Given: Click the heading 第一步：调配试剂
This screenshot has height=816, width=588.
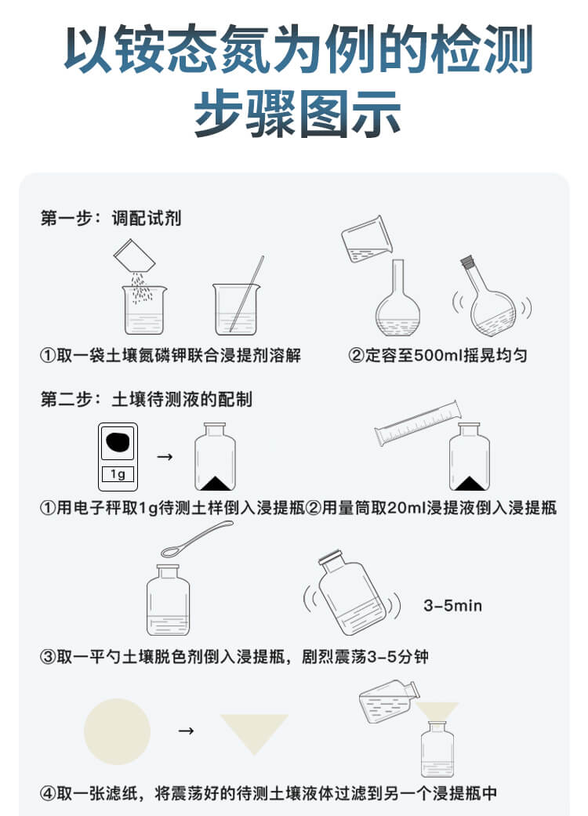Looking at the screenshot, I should point(111,218).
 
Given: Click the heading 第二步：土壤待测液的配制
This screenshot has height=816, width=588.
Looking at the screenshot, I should point(147,399).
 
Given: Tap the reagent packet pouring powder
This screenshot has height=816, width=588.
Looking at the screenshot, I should point(131,256).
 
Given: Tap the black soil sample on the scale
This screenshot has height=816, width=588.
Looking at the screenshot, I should point(118,442).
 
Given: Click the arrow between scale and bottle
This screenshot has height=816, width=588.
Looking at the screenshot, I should point(165,456).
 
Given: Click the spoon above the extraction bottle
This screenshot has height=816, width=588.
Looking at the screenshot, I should point(192,539).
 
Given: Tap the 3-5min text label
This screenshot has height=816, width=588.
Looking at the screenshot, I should point(452,606).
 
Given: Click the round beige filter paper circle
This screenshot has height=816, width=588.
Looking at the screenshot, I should point(117,731).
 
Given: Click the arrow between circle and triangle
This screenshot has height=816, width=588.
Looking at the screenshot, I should point(186,731).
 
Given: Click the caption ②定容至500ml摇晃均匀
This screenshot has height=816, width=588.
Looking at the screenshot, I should point(437,355).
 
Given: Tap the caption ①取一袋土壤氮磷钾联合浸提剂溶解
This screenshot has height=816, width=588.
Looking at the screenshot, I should point(170,355).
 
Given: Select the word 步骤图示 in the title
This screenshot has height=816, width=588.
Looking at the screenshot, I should point(297,114).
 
